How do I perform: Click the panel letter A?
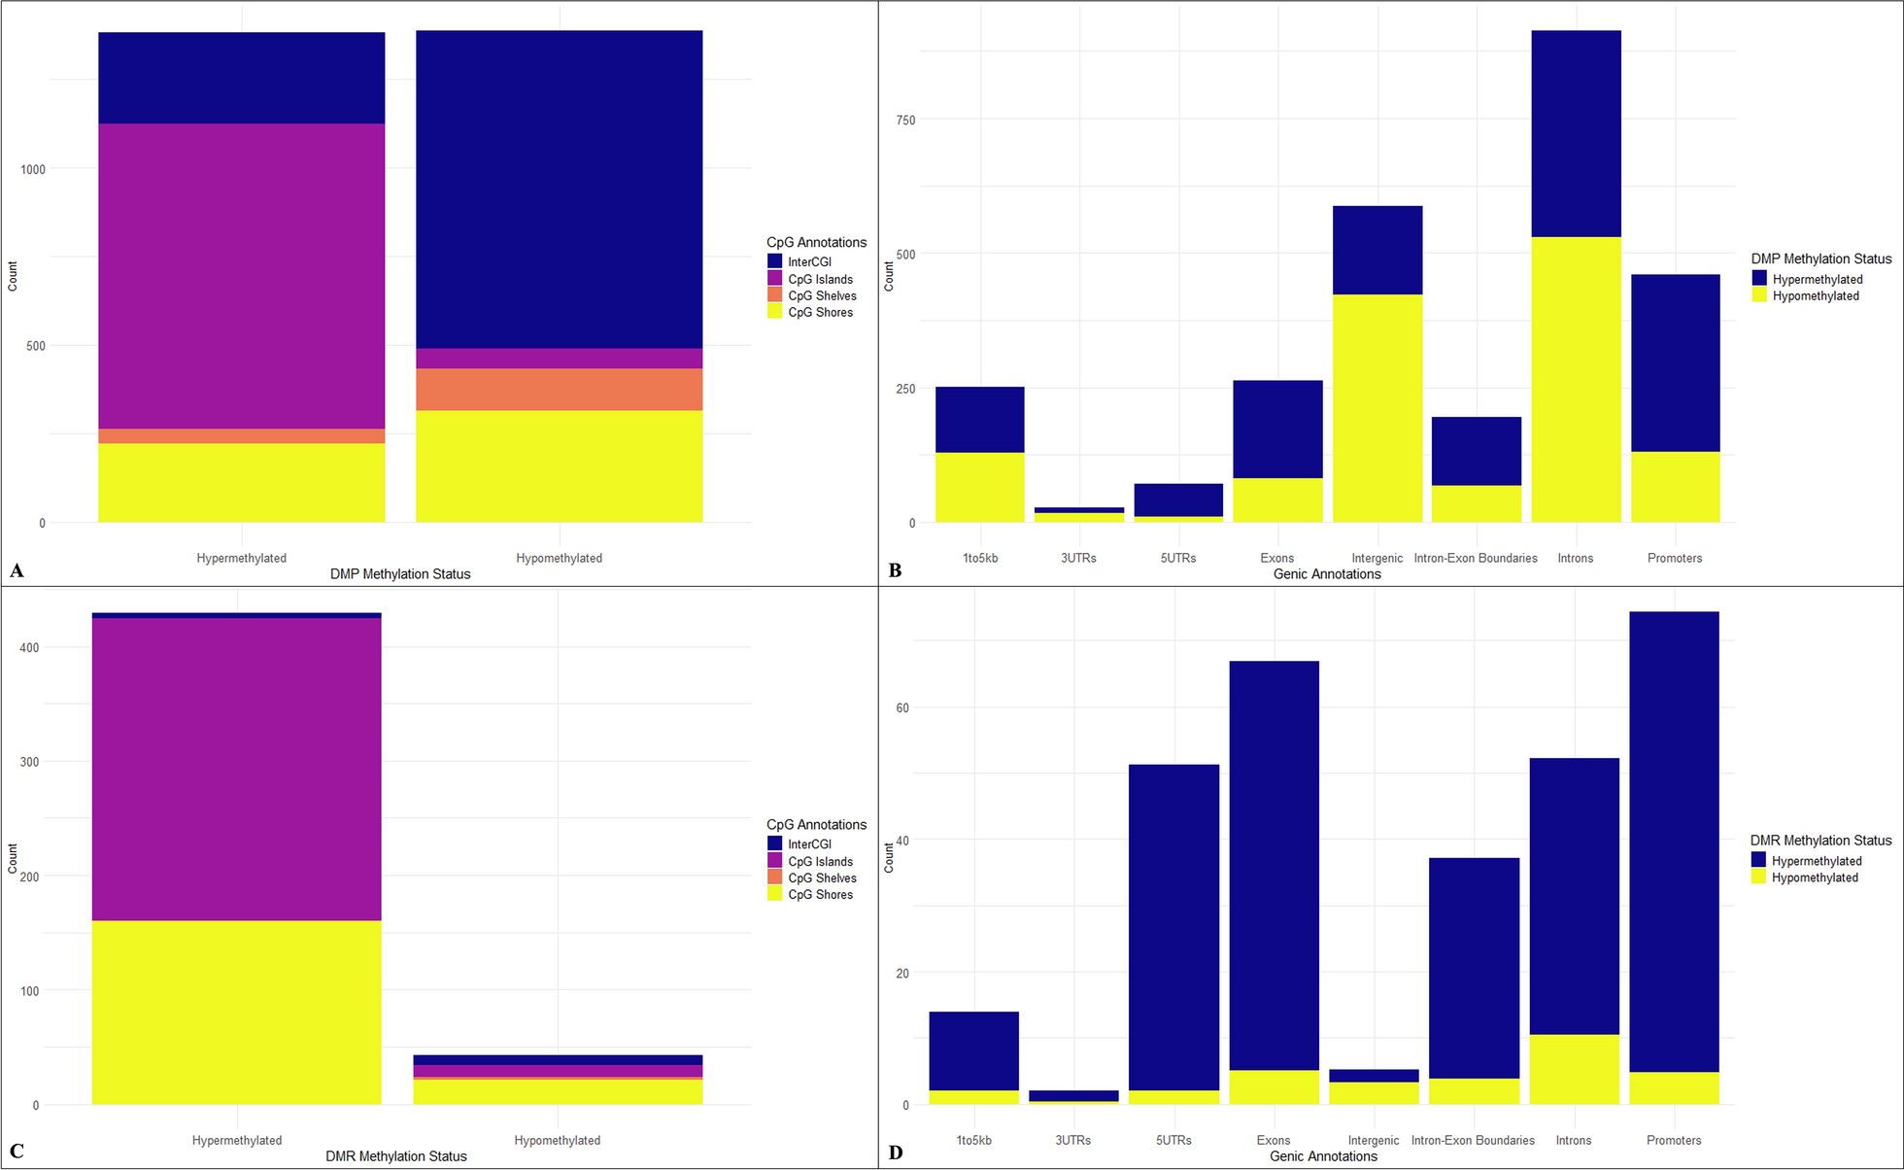(x=17, y=570)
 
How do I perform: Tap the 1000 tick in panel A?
(x=33, y=169)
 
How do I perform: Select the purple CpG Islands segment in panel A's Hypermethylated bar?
(x=241, y=276)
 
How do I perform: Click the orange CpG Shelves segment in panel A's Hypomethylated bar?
(x=559, y=390)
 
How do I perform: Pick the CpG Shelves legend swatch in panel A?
(x=775, y=295)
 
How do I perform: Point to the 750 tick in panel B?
(x=904, y=120)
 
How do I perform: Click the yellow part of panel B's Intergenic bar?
(x=1377, y=408)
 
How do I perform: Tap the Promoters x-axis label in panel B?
(x=1674, y=559)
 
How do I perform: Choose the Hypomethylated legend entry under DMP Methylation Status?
(x=1815, y=296)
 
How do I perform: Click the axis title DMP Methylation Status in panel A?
(x=399, y=574)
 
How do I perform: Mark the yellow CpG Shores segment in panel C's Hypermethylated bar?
(x=236, y=1013)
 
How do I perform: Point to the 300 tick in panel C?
(x=29, y=762)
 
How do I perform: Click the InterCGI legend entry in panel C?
(x=808, y=844)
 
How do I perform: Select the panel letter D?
(x=895, y=1153)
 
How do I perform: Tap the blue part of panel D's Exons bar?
(x=1274, y=865)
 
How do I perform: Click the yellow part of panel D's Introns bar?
(x=1574, y=1069)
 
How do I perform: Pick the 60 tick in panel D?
(x=902, y=708)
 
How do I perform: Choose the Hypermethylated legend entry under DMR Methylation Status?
(x=1816, y=861)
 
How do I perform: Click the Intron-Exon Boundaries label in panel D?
(x=1473, y=1141)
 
